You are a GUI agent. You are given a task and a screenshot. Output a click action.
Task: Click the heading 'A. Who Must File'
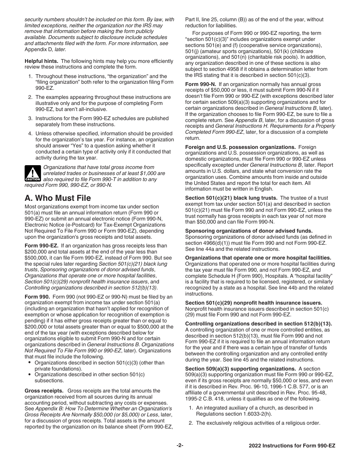click(58, 198)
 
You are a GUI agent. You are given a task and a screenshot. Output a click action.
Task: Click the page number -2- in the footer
click(180, 446)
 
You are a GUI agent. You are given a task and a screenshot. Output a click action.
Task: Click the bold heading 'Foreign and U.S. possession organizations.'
click(240, 147)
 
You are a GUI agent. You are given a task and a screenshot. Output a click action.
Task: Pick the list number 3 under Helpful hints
click(30, 119)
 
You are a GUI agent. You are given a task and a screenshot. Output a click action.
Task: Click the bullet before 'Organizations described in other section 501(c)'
click(30, 374)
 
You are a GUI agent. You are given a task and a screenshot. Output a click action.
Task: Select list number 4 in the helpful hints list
click(30, 133)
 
